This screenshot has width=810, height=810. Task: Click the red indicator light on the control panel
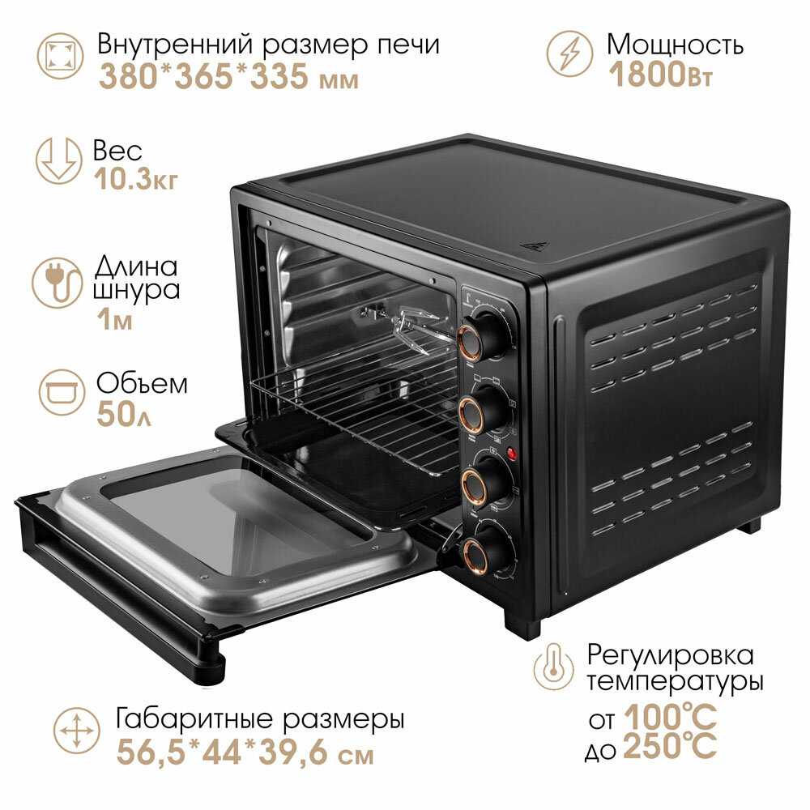coord(512,454)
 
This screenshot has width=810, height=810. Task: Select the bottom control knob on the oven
coord(483,550)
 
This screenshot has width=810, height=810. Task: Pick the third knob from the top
coord(482,480)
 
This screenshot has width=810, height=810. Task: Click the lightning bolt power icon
coord(569,53)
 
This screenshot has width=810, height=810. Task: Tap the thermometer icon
coord(554,666)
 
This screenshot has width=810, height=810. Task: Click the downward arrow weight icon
coord(58,160)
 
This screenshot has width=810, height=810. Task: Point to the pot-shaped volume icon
coord(62,392)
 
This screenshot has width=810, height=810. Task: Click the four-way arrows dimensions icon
coord(76,731)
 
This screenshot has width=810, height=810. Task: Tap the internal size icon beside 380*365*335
coord(61,56)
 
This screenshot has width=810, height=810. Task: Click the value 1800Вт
coord(660,74)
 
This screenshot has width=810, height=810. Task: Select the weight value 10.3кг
coord(136,179)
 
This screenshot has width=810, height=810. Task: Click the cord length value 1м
coord(115,320)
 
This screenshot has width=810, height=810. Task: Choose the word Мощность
coord(676,45)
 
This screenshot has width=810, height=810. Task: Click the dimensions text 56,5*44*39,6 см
coord(245,752)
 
